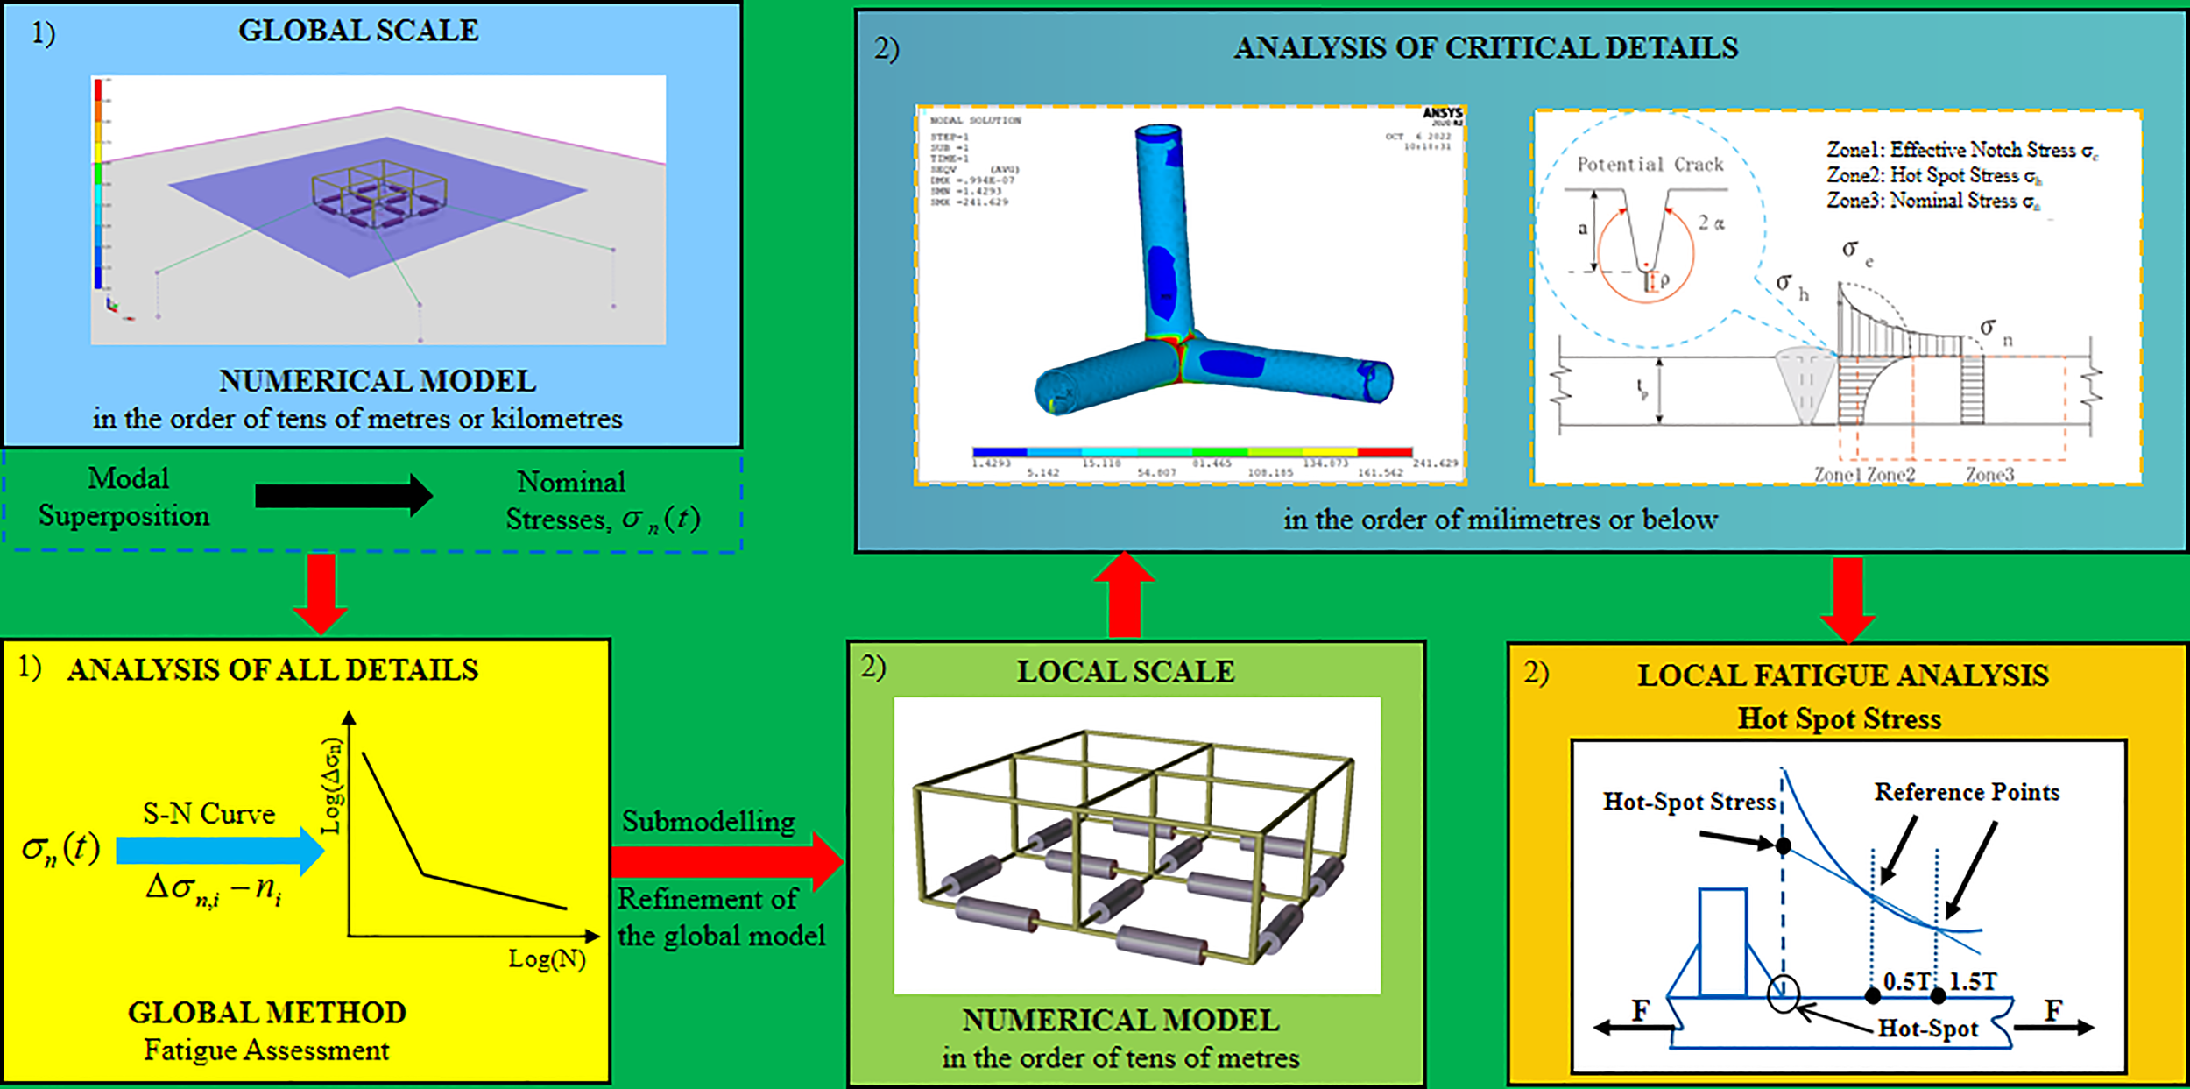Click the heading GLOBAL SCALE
358,31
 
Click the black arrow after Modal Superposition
343,496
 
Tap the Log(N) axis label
547,959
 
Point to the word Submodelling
709,822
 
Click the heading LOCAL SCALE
1125,672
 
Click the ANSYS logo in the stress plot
1442,114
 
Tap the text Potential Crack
1650,165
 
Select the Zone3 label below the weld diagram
1989,475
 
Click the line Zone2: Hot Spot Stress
1933,176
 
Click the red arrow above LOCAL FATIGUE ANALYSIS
1847,600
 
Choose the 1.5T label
1973,981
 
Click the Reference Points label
1967,792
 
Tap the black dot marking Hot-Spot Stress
1783,846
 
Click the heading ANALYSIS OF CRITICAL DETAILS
1486,48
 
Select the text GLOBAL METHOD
267,1013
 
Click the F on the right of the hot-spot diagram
2052,1011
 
